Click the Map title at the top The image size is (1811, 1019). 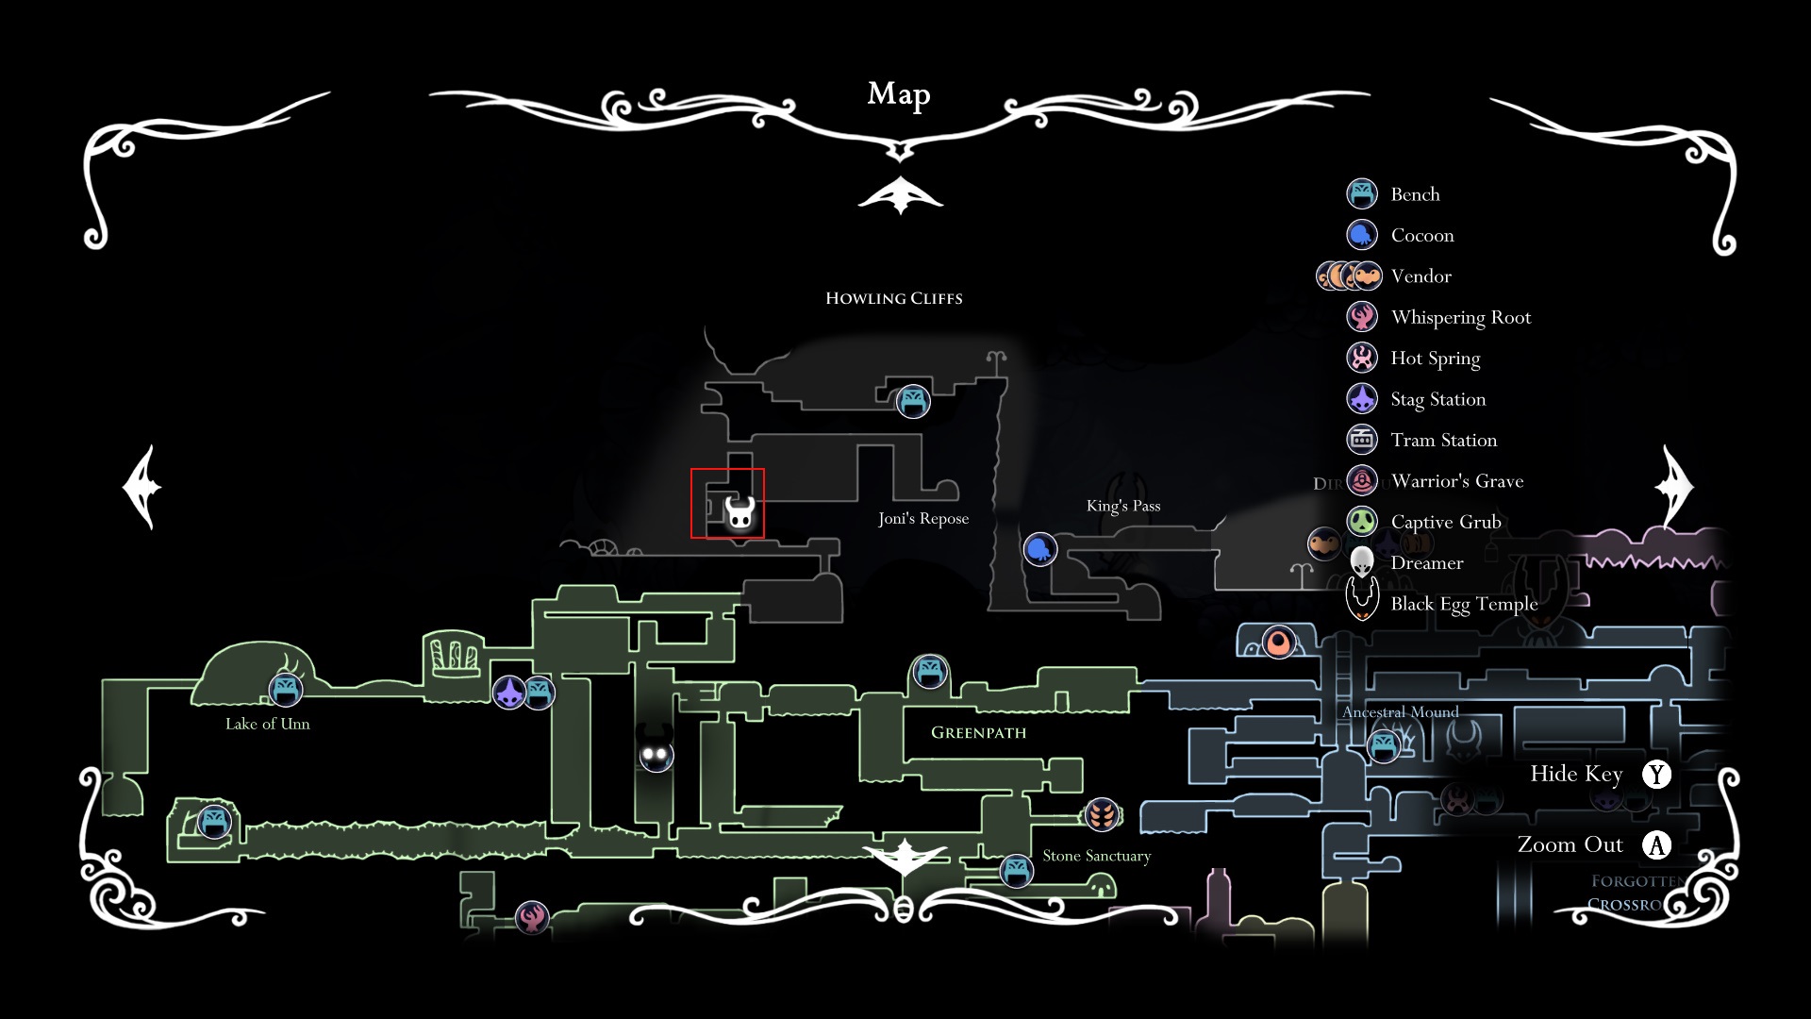coord(899,94)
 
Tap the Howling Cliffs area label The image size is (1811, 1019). coord(893,298)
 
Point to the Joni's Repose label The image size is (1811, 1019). coord(922,518)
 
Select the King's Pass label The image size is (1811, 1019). coord(1122,506)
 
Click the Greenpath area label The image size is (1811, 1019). coord(978,732)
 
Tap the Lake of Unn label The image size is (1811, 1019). coord(267,724)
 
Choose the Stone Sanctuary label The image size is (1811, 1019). coord(1096,856)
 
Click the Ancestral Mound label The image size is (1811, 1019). coord(1400,712)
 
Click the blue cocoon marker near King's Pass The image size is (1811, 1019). coord(1039,548)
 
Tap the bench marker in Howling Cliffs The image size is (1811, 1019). coord(912,401)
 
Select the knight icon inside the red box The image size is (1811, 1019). coord(739,513)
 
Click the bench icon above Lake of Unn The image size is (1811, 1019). coord(285,689)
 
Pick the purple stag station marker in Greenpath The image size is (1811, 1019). coord(509,693)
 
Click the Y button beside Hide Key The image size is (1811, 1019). coord(1656,774)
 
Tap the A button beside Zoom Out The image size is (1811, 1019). coord(1656,844)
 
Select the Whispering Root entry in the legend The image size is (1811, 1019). coord(1460,317)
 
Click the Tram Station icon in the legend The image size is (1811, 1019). coord(1362,440)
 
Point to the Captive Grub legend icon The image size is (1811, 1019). coord(1362,521)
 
